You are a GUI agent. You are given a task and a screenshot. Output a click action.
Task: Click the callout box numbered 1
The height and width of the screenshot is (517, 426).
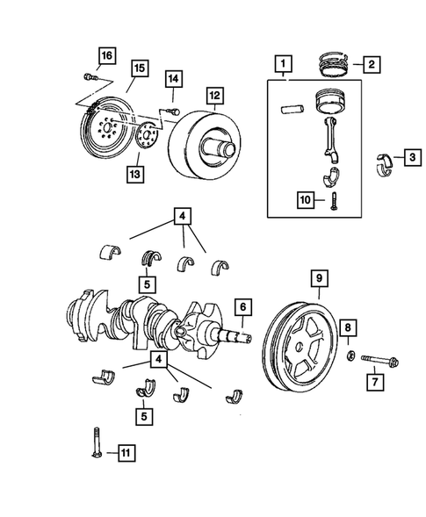(x=282, y=63)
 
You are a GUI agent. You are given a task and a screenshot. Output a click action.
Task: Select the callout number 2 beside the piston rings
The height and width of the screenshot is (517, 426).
(x=372, y=64)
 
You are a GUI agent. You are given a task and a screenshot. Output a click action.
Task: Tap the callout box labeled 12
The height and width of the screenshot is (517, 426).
(x=214, y=95)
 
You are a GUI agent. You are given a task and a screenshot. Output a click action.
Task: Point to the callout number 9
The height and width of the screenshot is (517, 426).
(x=320, y=280)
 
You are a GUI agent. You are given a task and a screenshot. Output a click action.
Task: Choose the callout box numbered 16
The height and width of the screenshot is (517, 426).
(x=105, y=57)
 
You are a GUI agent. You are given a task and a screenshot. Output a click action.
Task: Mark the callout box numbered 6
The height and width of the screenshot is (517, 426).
(x=242, y=307)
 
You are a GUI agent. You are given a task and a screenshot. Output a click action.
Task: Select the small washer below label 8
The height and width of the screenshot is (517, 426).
(x=348, y=356)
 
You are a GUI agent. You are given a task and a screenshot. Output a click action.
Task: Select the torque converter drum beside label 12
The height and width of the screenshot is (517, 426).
(x=204, y=144)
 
